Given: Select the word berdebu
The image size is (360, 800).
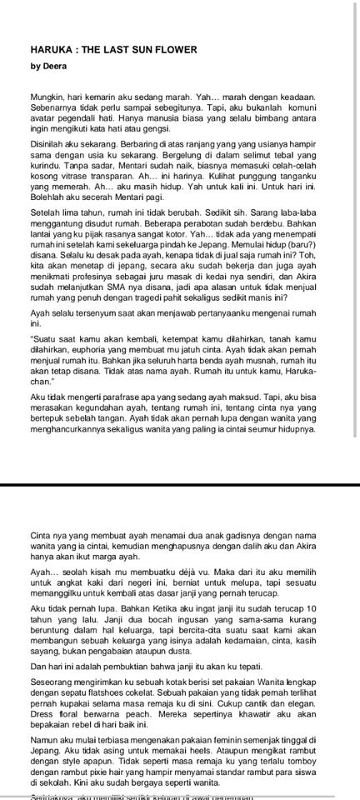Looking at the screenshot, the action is point(255,236).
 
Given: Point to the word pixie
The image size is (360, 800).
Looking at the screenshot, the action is point(117,759).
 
